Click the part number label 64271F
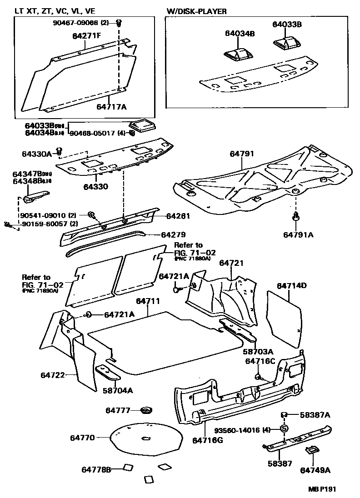point(86,36)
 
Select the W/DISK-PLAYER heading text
point(196,11)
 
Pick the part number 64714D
point(292,286)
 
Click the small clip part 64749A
point(312,450)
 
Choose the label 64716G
point(207,440)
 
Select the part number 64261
point(178,216)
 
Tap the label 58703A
point(258,351)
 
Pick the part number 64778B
point(96,469)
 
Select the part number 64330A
point(36,154)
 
